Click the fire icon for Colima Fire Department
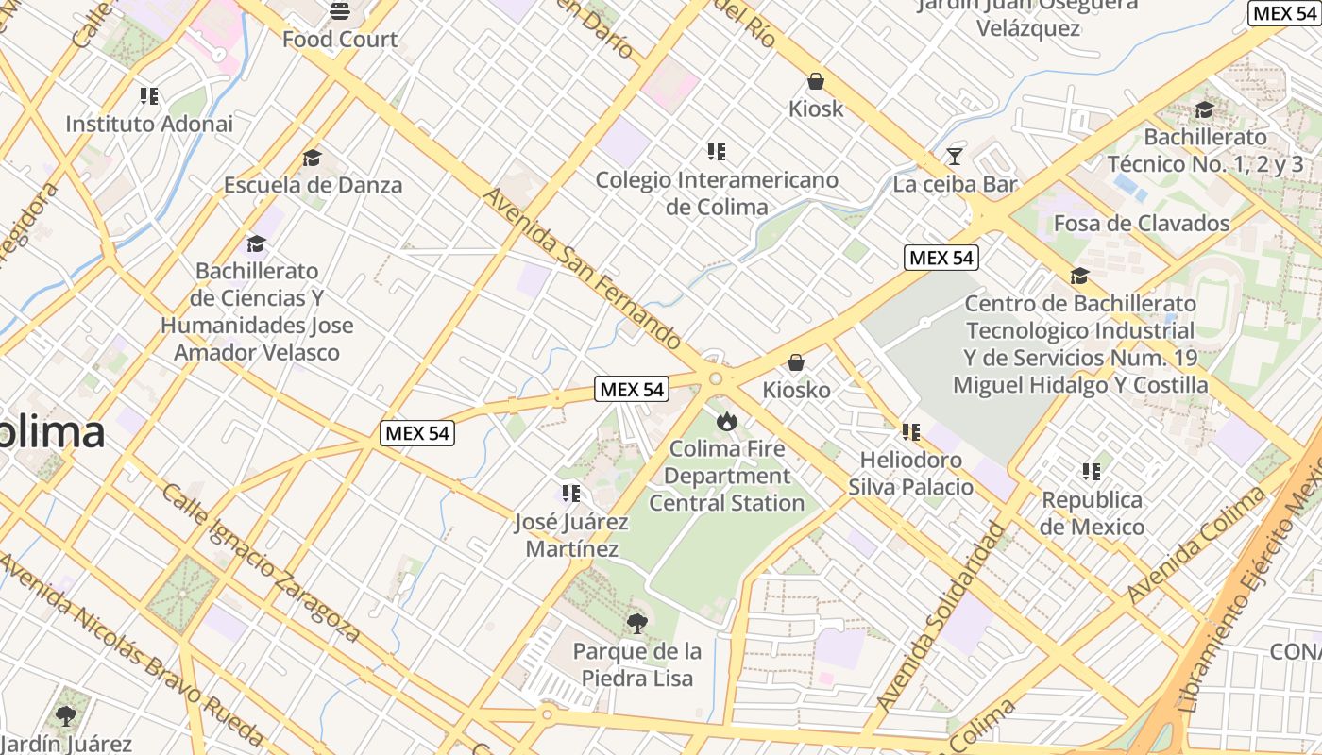[726, 420]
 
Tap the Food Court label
[340, 40]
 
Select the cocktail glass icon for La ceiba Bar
[955, 156]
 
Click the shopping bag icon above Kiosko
[796, 362]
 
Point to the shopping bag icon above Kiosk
[816, 82]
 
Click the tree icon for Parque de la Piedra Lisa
[637, 623]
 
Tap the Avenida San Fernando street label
[582, 267]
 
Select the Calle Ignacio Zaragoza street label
[260, 562]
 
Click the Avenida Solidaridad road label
[940, 615]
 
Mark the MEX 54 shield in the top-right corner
[1283, 13]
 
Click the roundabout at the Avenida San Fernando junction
[716, 378]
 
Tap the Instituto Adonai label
[149, 124]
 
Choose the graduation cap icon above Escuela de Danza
[313, 158]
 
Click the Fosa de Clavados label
[1142, 224]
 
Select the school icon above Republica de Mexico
[1092, 471]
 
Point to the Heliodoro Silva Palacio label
[910, 474]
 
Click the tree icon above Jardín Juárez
[65, 716]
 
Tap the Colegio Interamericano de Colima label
[717, 193]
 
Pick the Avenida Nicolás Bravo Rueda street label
[132, 647]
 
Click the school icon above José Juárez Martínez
[570, 494]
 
